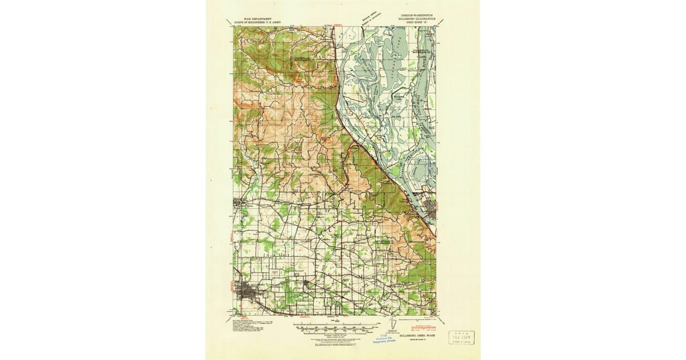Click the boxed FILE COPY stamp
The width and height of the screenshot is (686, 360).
(461, 337)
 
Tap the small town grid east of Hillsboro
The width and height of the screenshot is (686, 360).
(306, 283)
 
